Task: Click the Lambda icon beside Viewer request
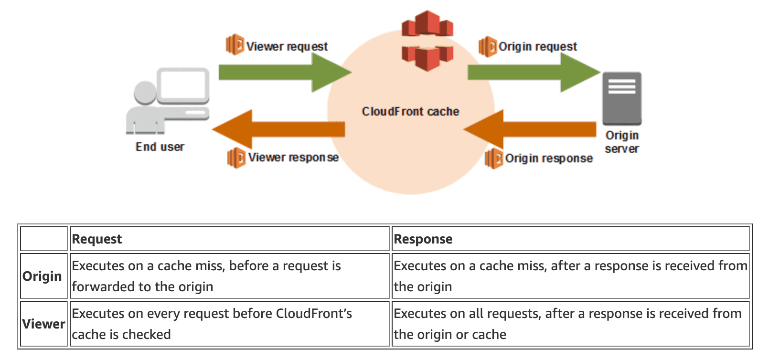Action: pyautogui.click(x=235, y=45)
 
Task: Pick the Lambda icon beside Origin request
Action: pyautogui.click(x=487, y=46)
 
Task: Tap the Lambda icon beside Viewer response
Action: pyautogui.click(x=236, y=158)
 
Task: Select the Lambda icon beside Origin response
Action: pyautogui.click(x=493, y=158)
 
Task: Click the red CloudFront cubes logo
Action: pyautogui.click(x=427, y=41)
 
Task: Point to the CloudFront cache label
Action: pyautogui.click(x=410, y=112)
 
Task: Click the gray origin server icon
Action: pyautogui.click(x=621, y=98)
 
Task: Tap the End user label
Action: pyautogui.click(x=160, y=147)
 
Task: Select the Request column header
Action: pyautogui.click(x=97, y=239)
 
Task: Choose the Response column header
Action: pyautogui.click(x=423, y=239)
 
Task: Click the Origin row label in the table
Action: pyautogui.click(x=43, y=276)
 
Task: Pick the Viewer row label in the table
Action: pyautogui.click(x=43, y=324)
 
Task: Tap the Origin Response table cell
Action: pyautogui.click(x=570, y=276)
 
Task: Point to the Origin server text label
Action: pyautogui.click(x=622, y=142)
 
